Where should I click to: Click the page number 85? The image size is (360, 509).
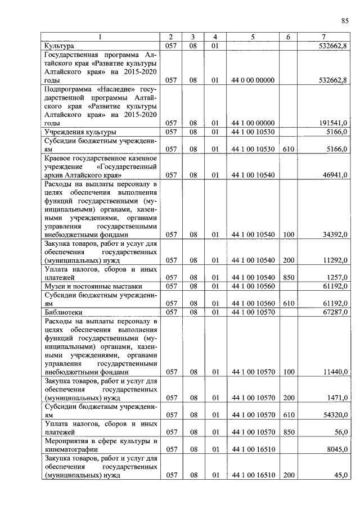(x=344, y=21)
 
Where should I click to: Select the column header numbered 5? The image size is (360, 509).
(x=253, y=37)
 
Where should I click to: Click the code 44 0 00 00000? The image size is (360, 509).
(x=253, y=80)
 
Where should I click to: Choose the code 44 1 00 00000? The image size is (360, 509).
(x=253, y=123)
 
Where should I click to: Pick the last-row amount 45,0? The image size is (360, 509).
(x=340, y=475)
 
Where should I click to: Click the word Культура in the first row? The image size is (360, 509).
(x=59, y=46)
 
